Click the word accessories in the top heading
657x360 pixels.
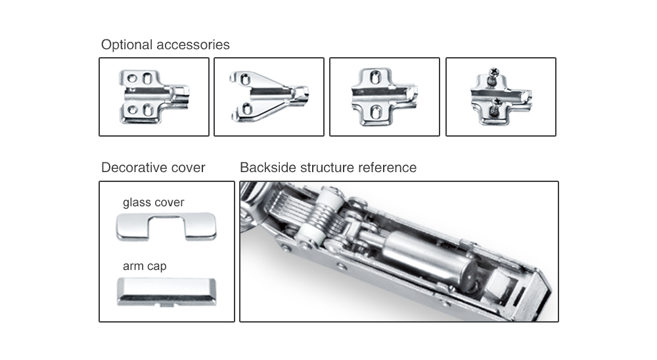(193, 45)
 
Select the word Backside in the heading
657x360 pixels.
(267, 168)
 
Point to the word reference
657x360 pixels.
(387, 168)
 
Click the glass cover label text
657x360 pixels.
(153, 202)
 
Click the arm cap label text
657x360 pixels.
(145, 266)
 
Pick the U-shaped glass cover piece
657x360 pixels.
(166, 227)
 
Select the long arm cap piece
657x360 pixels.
(166, 291)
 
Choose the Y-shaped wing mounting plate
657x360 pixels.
(268, 96)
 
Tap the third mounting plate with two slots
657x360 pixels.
(383, 97)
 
